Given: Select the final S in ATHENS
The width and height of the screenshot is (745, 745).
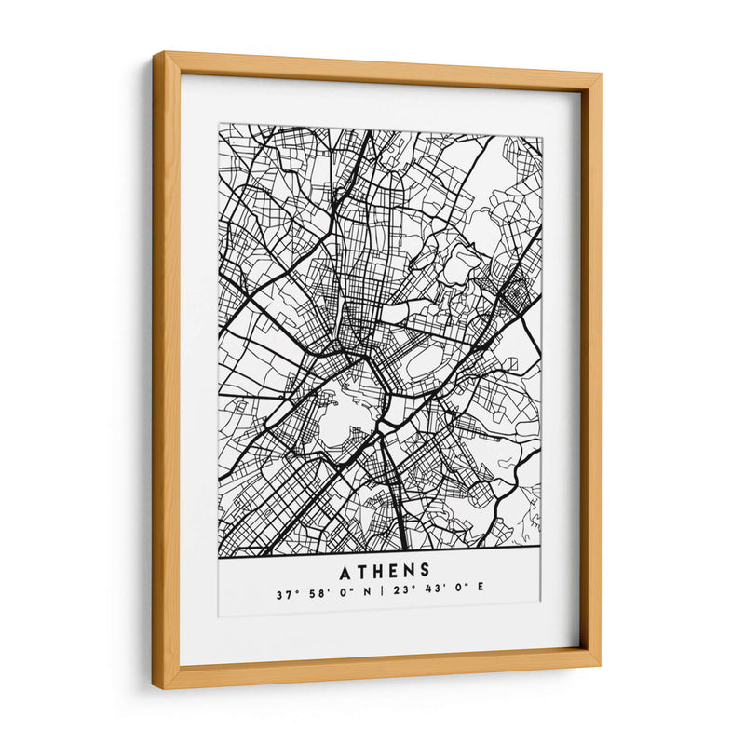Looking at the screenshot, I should coord(424,570).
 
